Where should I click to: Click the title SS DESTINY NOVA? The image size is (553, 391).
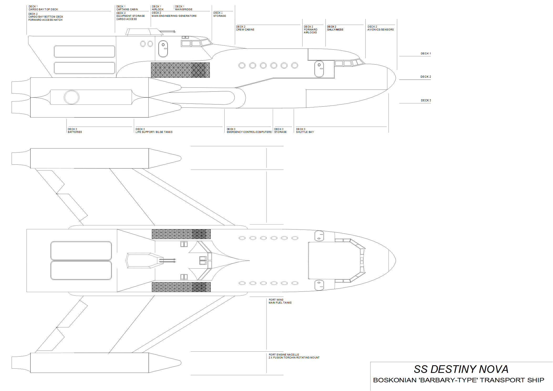coord(461,369)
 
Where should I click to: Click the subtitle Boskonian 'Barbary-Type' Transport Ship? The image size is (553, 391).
coord(459,380)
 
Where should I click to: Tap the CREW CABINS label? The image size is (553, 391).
coord(245,30)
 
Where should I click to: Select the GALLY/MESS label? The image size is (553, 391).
coord(335,30)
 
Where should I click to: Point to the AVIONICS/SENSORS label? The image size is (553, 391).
coord(380,30)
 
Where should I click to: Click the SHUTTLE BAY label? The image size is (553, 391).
coord(305,132)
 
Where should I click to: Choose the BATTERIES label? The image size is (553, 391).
coord(75,132)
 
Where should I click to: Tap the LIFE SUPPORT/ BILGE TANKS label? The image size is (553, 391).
coord(154,132)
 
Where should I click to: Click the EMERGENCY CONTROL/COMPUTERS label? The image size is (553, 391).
coord(249,132)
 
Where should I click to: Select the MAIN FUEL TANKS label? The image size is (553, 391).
coord(280,303)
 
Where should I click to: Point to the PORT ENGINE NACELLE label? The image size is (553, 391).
coord(284,355)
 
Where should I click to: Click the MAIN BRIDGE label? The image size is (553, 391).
coord(184,9)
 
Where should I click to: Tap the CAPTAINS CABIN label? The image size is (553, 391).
coord(127,9)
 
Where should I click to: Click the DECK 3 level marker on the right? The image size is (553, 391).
coord(426,100)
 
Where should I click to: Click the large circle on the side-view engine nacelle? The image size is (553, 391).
coord(71,97)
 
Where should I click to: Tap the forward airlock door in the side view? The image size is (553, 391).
coord(319,69)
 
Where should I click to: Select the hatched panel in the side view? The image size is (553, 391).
coord(180,70)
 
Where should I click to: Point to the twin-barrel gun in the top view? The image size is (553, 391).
coord(167,261)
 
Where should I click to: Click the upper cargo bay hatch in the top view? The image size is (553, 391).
coord(81,251)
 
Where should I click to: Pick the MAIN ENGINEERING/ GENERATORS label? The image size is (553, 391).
coord(174,16)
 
